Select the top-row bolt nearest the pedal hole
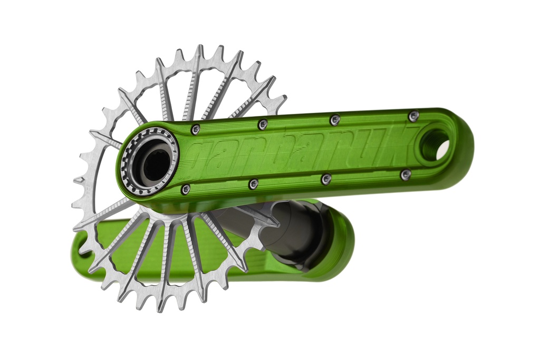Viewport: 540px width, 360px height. (414, 115)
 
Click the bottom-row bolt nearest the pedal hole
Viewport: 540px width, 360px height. (406, 174)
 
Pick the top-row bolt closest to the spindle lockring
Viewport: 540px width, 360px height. (196, 129)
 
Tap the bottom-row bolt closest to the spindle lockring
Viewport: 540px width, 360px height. (186, 189)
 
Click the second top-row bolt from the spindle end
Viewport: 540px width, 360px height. (262, 124)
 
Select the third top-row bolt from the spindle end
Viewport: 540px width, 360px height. (335, 120)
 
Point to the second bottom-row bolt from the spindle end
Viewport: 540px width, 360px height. (254, 184)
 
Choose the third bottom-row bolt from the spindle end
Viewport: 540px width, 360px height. (326, 179)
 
